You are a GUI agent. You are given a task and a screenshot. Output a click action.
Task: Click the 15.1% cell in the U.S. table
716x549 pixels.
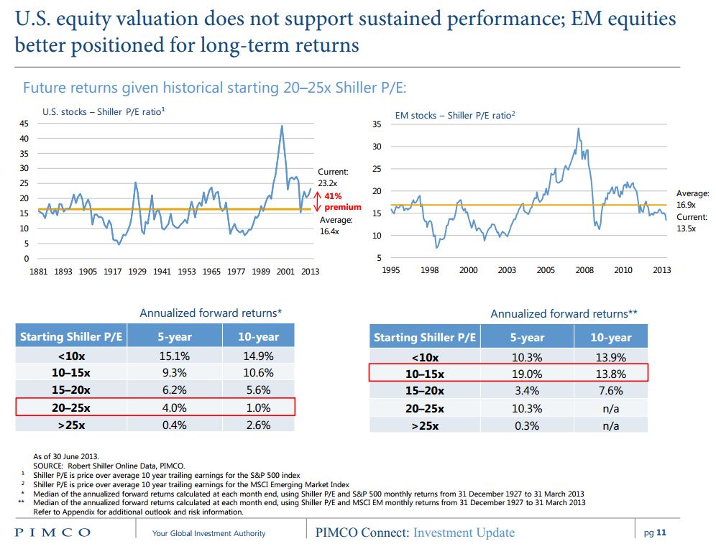(x=173, y=356)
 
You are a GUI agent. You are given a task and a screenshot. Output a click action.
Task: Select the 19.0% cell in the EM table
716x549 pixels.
(x=528, y=374)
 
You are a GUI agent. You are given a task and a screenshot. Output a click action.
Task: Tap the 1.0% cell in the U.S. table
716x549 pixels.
(x=258, y=407)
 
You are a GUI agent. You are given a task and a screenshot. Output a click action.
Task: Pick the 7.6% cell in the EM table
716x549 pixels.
(x=610, y=391)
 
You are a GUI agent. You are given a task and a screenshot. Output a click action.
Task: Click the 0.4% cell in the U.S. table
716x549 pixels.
(x=173, y=425)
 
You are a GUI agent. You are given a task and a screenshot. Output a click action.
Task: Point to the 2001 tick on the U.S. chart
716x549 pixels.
(x=285, y=272)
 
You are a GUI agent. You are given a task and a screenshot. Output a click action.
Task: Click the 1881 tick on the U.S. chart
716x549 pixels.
(x=38, y=272)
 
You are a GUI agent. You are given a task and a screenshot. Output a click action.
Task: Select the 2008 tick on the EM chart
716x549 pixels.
(x=584, y=270)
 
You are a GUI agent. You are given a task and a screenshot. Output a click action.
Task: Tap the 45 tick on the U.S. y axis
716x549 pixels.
(x=24, y=124)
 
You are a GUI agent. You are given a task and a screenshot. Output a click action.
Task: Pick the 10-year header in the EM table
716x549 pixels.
(x=610, y=337)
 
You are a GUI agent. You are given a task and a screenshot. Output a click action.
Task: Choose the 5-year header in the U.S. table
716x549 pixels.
(x=173, y=336)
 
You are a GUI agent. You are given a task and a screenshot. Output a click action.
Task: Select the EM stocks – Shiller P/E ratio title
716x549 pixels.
(x=454, y=115)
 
